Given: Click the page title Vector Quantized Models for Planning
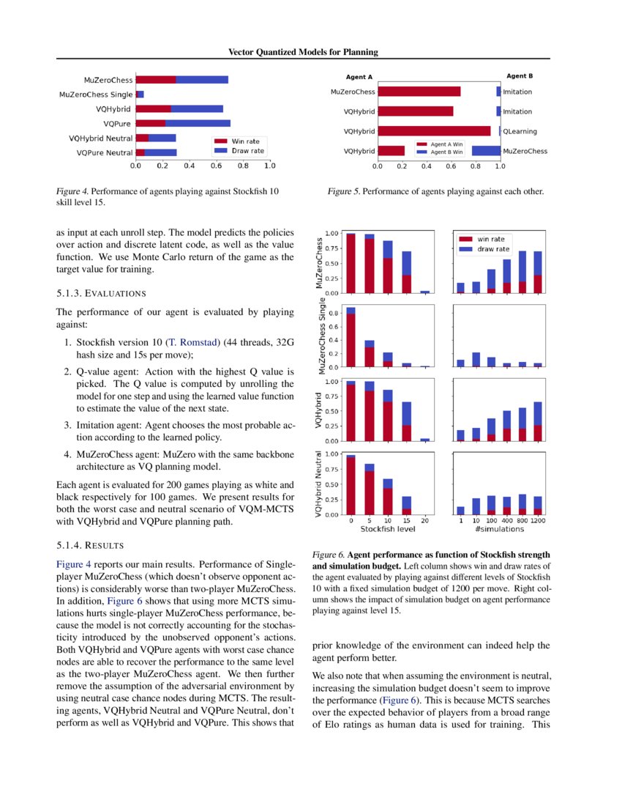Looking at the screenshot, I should coord(303,52).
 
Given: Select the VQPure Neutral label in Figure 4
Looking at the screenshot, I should coord(105,153).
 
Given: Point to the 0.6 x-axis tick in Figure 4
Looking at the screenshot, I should coord(216,166).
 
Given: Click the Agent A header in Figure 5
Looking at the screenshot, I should coord(359,77).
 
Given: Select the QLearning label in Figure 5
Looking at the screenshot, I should coord(520,132).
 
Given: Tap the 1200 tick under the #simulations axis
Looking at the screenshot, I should coord(537,520).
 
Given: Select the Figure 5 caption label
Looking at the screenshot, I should coord(344,192).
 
